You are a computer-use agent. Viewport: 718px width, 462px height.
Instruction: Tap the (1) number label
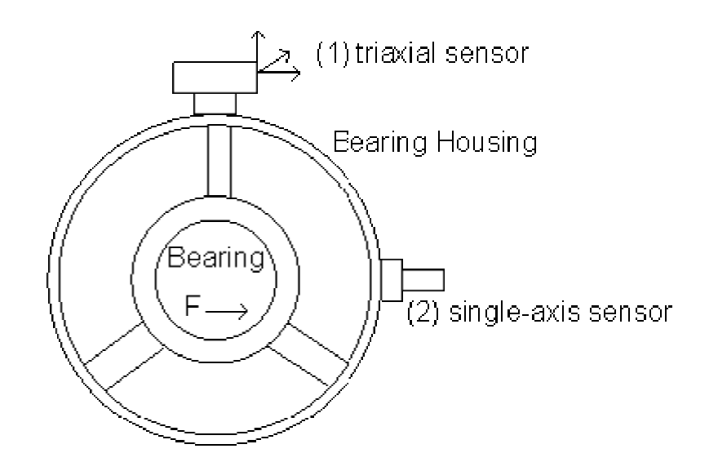pyautogui.click(x=328, y=55)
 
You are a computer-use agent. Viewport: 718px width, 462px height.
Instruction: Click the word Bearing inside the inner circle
pyautogui.click(x=215, y=259)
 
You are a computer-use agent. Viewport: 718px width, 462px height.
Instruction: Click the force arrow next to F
pyautogui.click(x=228, y=311)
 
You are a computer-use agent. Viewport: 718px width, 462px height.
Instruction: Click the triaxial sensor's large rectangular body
pyautogui.click(x=214, y=78)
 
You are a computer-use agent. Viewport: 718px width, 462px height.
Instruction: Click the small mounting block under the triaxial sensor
pyautogui.click(x=215, y=104)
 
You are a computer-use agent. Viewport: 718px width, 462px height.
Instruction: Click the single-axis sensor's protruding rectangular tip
pyautogui.click(x=423, y=279)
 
